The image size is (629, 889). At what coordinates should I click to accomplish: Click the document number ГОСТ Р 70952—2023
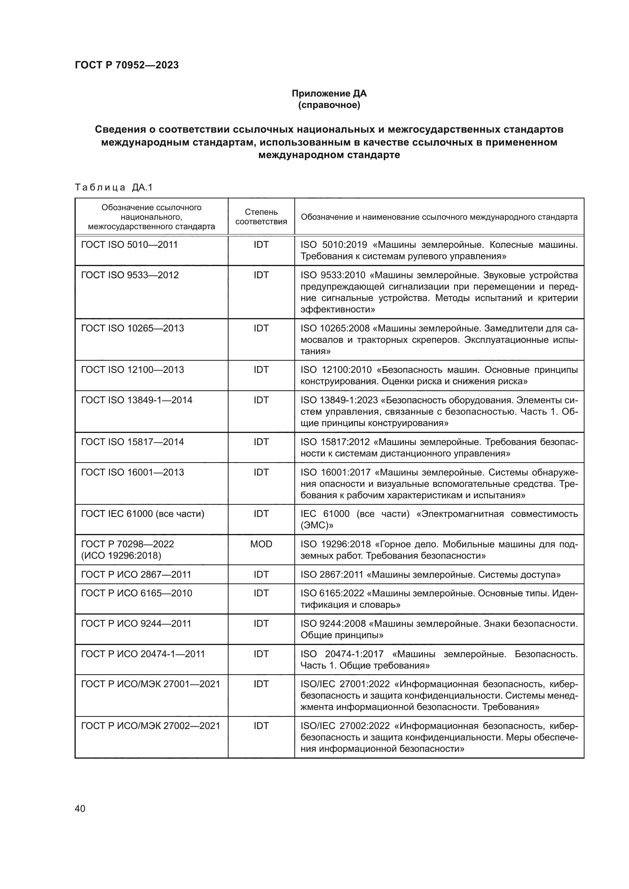pyautogui.click(x=127, y=65)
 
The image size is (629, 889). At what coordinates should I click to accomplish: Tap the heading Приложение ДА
pyautogui.click(x=329, y=93)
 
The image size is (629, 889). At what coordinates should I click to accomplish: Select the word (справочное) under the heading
pyautogui.click(x=329, y=105)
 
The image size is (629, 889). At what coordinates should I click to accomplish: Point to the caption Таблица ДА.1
pyautogui.click(x=114, y=187)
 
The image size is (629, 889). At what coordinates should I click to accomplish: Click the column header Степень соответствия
pyautogui.click(x=261, y=216)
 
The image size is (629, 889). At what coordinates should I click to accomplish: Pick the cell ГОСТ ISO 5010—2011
pyautogui.click(x=129, y=245)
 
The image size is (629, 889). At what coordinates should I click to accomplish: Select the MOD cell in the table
pyautogui.click(x=261, y=544)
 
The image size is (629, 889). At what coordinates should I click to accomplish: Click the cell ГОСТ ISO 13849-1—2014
pyautogui.click(x=137, y=400)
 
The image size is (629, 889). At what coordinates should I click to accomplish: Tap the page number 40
pyautogui.click(x=80, y=808)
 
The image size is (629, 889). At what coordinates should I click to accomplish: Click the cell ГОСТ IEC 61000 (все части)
pyautogui.click(x=143, y=514)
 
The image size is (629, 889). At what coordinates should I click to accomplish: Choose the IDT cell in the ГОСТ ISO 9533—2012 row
pyautogui.click(x=261, y=275)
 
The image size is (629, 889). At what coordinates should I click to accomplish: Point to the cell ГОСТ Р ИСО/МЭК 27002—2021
pyautogui.click(x=150, y=726)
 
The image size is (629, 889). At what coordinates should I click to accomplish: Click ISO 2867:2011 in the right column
pyautogui.click(x=333, y=575)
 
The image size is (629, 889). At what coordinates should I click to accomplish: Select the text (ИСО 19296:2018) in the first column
pyautogui.click(x=121, y=555)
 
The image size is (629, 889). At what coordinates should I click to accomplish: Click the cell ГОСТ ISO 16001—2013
pyautogui.click(x=132, y=472)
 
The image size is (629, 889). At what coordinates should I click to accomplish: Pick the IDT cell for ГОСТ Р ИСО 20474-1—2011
pyautogui.click(x=261, y=654)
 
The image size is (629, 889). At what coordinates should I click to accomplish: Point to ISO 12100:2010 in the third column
pyautogui.click(x=336, y=370)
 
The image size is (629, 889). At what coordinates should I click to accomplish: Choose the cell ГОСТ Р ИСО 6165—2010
pyautogui.click(x=137, y=593)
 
